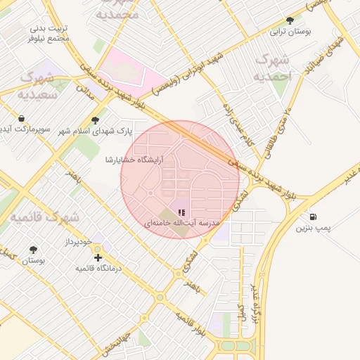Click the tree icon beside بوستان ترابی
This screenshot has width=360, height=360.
[x=290, y=20]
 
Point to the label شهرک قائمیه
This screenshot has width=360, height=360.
[x=44, y=218]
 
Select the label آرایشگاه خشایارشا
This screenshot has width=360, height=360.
[x=134, y=160]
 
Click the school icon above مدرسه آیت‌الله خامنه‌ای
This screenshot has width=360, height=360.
[x=181, y=212]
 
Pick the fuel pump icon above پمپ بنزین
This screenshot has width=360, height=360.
[x=312, y=217]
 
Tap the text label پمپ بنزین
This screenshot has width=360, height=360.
[x=312, y=228]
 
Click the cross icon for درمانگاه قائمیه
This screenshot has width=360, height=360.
[x=98, y=257]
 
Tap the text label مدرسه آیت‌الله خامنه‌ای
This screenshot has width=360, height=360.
[x=183, y=223]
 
